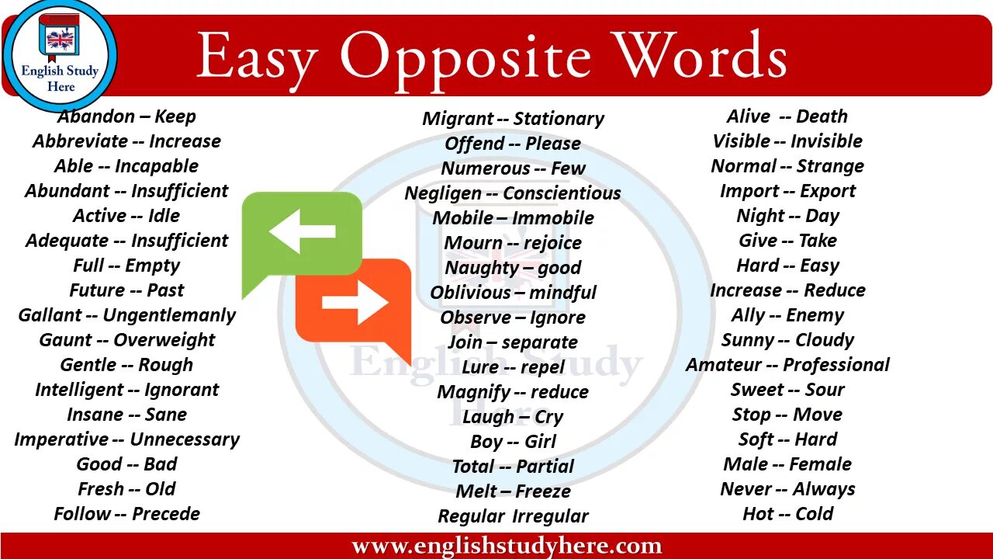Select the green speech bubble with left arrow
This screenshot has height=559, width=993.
tap(303, 233)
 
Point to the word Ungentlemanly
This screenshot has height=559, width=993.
tap(169, 315)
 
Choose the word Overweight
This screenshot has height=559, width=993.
tap(164, 340)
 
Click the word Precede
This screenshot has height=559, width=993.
tap(166, 514)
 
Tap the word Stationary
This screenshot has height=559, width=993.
tap(559, 119)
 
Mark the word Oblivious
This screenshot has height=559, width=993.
tap(471, 293)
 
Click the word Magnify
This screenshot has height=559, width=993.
tap(473, 392)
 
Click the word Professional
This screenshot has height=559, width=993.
tap(836, 365)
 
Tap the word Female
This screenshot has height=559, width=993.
tap(820, 464)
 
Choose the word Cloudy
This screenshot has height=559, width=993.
tap(825, 340)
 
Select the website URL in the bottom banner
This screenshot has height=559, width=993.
tap(507, 547)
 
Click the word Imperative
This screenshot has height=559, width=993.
tap(61, 439)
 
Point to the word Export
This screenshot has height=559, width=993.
tap(828, 191)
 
